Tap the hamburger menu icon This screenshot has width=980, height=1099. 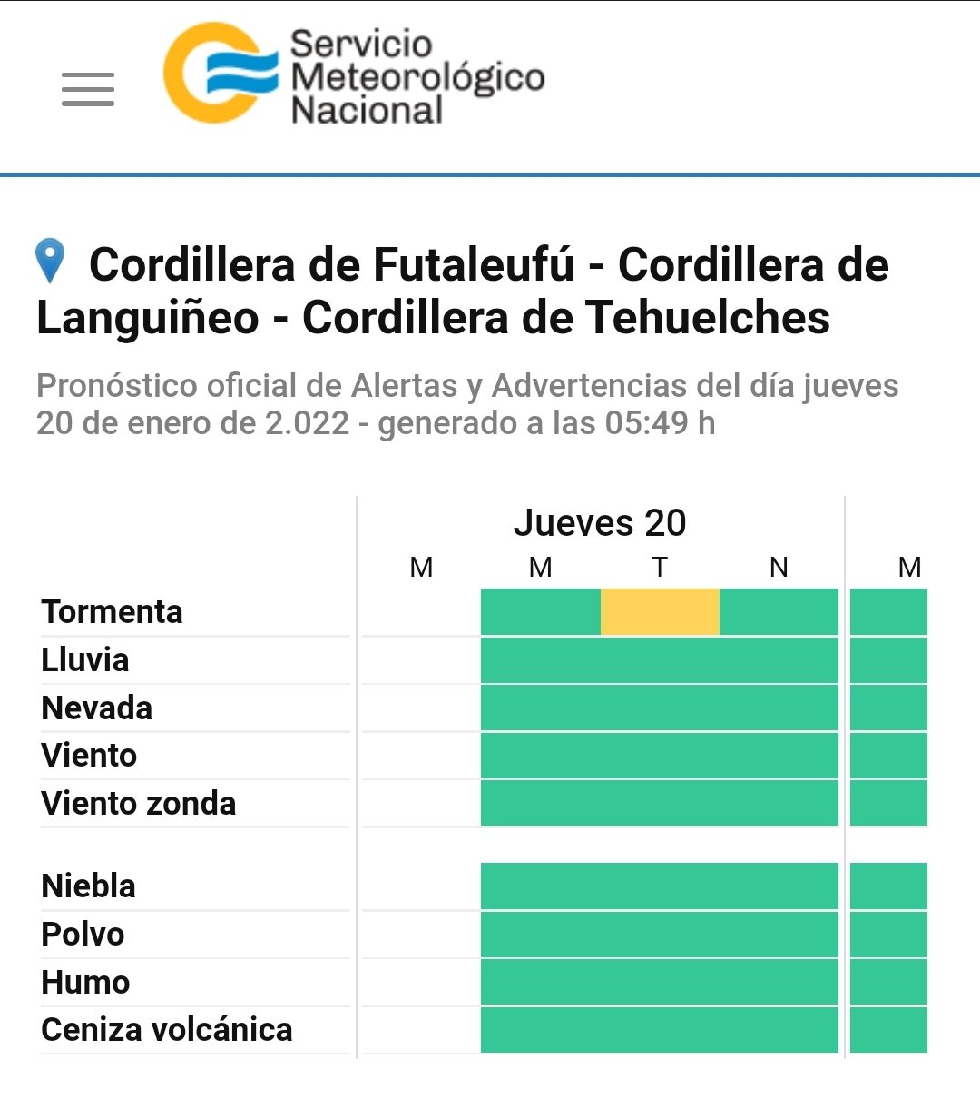[88, 89]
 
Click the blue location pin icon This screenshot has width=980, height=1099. [50, 261]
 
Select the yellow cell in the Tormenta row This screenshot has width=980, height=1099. [660, 611]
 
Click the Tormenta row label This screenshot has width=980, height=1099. [113, 612]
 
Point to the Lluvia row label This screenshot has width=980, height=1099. [85, 660]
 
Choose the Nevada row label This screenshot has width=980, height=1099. [97, 708]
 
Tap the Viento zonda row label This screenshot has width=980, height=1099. [139, 804]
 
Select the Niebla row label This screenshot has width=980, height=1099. [89, 886]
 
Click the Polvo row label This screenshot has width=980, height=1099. [83, 935]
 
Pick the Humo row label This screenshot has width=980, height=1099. [86, 983]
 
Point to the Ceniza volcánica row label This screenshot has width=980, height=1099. [167, 1030]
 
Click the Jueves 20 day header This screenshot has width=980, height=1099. [600, 523]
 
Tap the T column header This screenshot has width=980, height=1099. [660, 568]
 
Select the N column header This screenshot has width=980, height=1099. [779, 568]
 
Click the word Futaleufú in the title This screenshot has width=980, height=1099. [473, 265]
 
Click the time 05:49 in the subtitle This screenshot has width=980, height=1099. [647, 423]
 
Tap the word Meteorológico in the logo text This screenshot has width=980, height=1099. [418, 77]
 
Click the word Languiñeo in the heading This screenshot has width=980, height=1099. [148, 318]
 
